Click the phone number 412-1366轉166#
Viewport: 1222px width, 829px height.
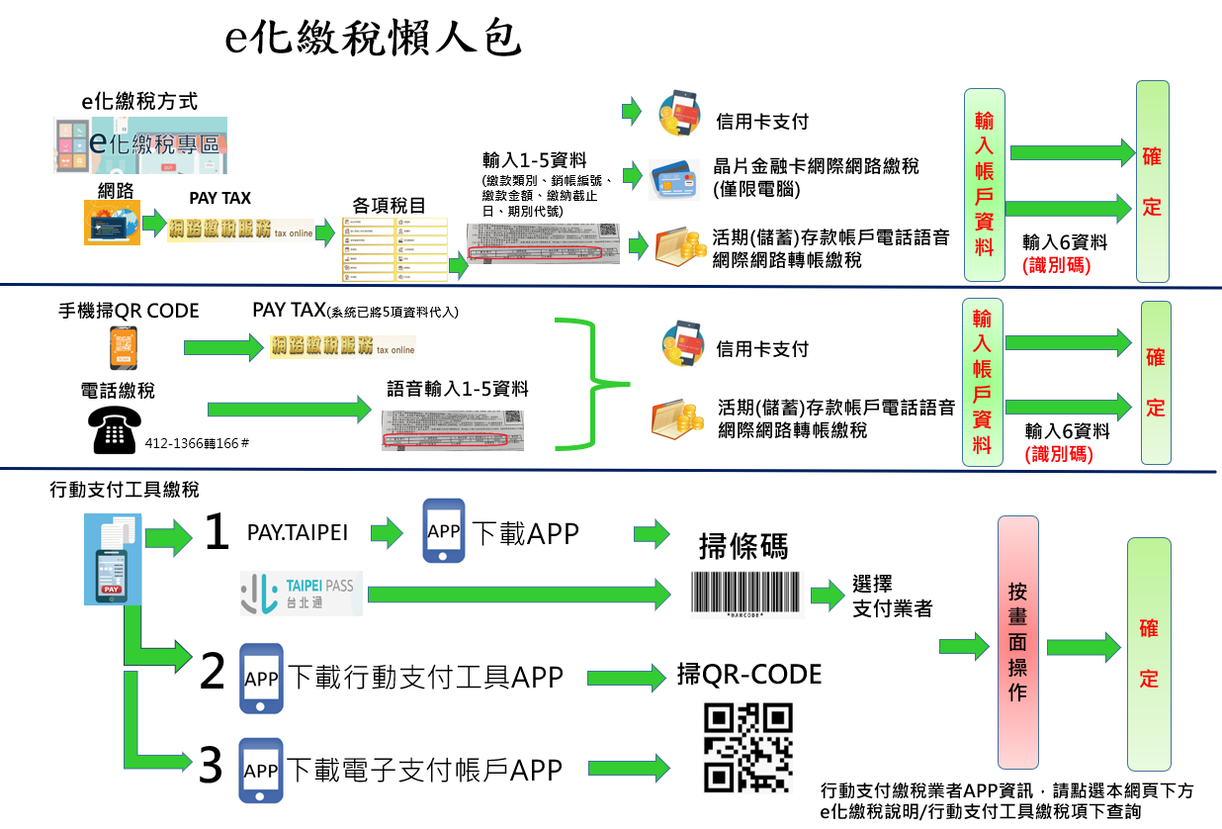196,444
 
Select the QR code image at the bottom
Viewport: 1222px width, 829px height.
747,748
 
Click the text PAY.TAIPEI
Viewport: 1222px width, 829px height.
298,533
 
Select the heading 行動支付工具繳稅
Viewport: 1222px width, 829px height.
125,490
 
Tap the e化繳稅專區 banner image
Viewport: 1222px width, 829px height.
140,145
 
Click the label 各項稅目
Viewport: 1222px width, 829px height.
390,205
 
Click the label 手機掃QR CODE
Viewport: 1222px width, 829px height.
129,311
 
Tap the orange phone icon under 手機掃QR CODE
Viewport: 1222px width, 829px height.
124,348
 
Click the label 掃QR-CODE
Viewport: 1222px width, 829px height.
749,675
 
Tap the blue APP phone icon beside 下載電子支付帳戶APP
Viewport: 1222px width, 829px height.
260,770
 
